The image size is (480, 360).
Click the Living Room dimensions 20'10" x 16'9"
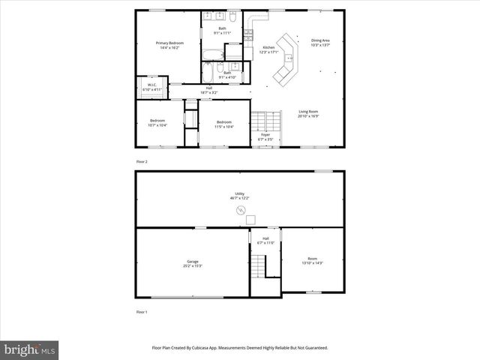click(x=308, y=116)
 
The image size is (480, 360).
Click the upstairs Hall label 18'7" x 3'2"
click(x=208, y=90)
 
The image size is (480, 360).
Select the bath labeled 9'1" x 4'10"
click(x=227, y=75)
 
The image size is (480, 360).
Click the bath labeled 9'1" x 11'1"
click(x=222, y=31)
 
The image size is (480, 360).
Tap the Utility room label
click(x=240, y=195)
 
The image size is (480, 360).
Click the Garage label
click(x=193, y=263)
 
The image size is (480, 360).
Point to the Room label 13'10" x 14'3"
click(x=312, y=260)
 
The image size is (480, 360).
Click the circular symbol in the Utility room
click(x=241, y=210)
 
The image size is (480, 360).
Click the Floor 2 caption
click(x=142, y=162)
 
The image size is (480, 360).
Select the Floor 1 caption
click(x=142, y=311)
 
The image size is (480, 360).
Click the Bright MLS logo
click(x=30, y=349)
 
